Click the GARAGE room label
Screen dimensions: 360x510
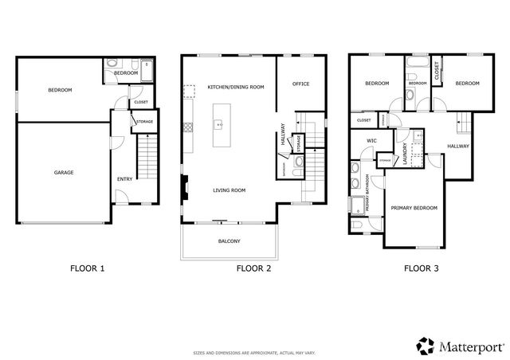coord(64,173)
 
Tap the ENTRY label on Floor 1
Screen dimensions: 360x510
coord(125,179)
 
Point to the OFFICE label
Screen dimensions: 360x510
coord(300,84)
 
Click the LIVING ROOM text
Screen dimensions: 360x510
coord(229,190)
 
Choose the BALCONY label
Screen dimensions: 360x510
coord(229,241)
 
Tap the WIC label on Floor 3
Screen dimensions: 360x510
coord(371,140)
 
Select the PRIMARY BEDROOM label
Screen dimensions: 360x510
coord(414,208)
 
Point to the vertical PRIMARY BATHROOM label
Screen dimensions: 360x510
coord(367,193)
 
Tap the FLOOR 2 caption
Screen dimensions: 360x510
coord(253,269)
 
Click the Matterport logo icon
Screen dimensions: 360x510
coord(424,345)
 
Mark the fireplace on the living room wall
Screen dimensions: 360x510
coord(185,190)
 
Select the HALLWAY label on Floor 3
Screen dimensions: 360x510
coord(458,147)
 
